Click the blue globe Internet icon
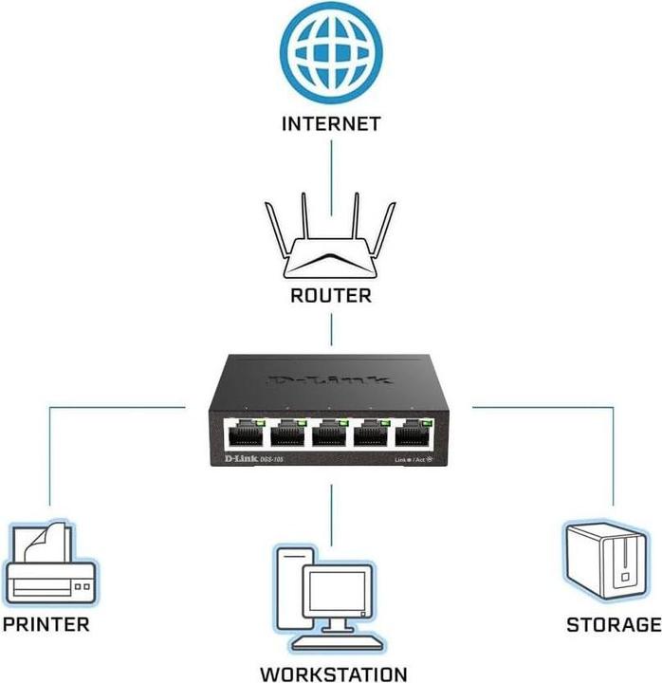click(331, 55)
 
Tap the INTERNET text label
click(331, 123)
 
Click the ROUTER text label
click(330, 296)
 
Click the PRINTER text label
click(46, 624)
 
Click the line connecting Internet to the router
click(331, 165)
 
